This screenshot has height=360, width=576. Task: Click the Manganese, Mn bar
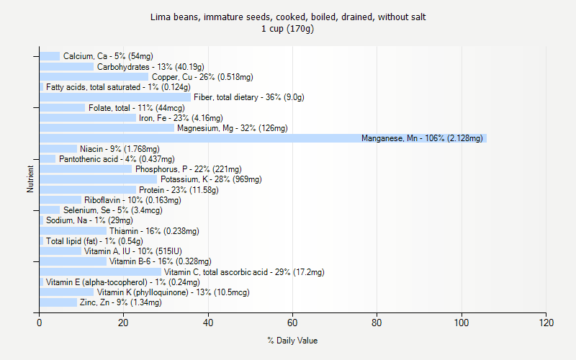pyautogui.click(x=263, y=138)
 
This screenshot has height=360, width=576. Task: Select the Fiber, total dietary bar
pyautogui.click(x=115, y=97)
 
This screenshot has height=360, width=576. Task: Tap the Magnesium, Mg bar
pyautogui.click(x=107, y=128)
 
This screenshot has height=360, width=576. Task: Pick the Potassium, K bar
pyautogui.click(x=98, y=179)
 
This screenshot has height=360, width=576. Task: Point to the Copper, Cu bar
pyautogui.click(x=94, y=77)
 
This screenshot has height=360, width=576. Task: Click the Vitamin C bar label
pyautogui.click(x=244, y=272)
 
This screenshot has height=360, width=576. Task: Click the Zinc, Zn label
pyautogui.click(x=120, y=302)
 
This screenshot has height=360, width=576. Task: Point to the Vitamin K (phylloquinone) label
pyautogui.click(x=173, y=292)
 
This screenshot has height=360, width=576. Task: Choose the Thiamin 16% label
pyautogui.click(x=154, y=231)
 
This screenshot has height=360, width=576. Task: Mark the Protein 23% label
pyautogui.click(x=179, y=190)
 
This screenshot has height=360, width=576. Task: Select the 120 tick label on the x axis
pyautogui.click(x=546, y=323)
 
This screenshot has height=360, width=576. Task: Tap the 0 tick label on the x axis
pyautogui.click(x=39, y=323)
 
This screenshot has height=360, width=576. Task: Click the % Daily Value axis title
pyautogui.click(x=292, y=341)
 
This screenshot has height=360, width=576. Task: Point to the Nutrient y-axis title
pyautogui.click(x=30, y=179)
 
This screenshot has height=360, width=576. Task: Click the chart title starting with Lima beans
pyautogui.click(x=288, y=17)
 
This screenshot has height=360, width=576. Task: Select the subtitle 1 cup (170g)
pyautogui.click(x=288, y=29)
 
